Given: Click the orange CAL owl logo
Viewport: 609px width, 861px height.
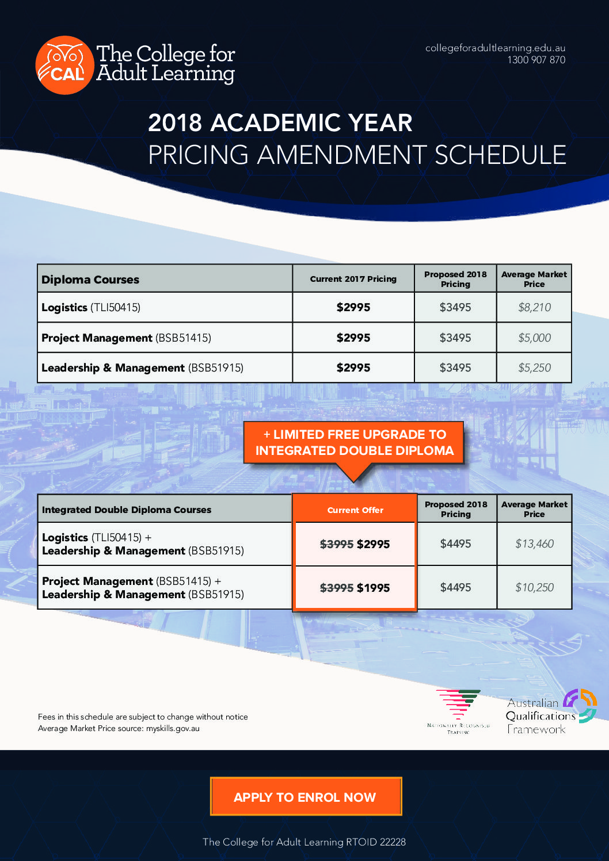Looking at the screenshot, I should [x=64, y=65].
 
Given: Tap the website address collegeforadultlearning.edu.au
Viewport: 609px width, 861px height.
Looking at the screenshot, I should [x=495, y=48].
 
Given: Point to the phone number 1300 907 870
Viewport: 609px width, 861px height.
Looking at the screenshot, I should [x=536, y=60].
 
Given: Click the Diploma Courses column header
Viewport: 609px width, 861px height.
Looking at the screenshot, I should [x=90, y=280].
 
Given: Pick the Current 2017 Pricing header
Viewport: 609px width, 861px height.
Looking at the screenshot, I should [x=353, y=279].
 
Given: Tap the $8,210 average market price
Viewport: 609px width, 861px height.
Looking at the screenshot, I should [x=534, y=308].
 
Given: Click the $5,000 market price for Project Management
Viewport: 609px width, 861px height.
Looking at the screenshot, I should [x=534, y=338].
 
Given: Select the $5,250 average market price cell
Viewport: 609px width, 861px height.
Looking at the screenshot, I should [x=534, y=368].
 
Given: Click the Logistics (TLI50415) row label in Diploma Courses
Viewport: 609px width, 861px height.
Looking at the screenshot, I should [x=91, y=308].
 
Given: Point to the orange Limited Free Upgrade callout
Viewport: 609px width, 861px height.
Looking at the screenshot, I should [x=355, y=443].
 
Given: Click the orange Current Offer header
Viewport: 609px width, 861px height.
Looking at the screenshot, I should [x=355, y=510].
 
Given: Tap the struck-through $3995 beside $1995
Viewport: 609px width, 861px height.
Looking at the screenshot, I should [x=337, y=588].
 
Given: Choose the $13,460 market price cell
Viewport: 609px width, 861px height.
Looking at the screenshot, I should [x=534, y=544].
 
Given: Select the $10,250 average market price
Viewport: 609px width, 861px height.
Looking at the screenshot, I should [x=534, y=588].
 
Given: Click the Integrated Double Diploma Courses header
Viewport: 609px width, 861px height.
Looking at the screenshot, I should [x=127, y=510].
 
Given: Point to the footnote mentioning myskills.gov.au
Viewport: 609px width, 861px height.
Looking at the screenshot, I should [x=119, y=729].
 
